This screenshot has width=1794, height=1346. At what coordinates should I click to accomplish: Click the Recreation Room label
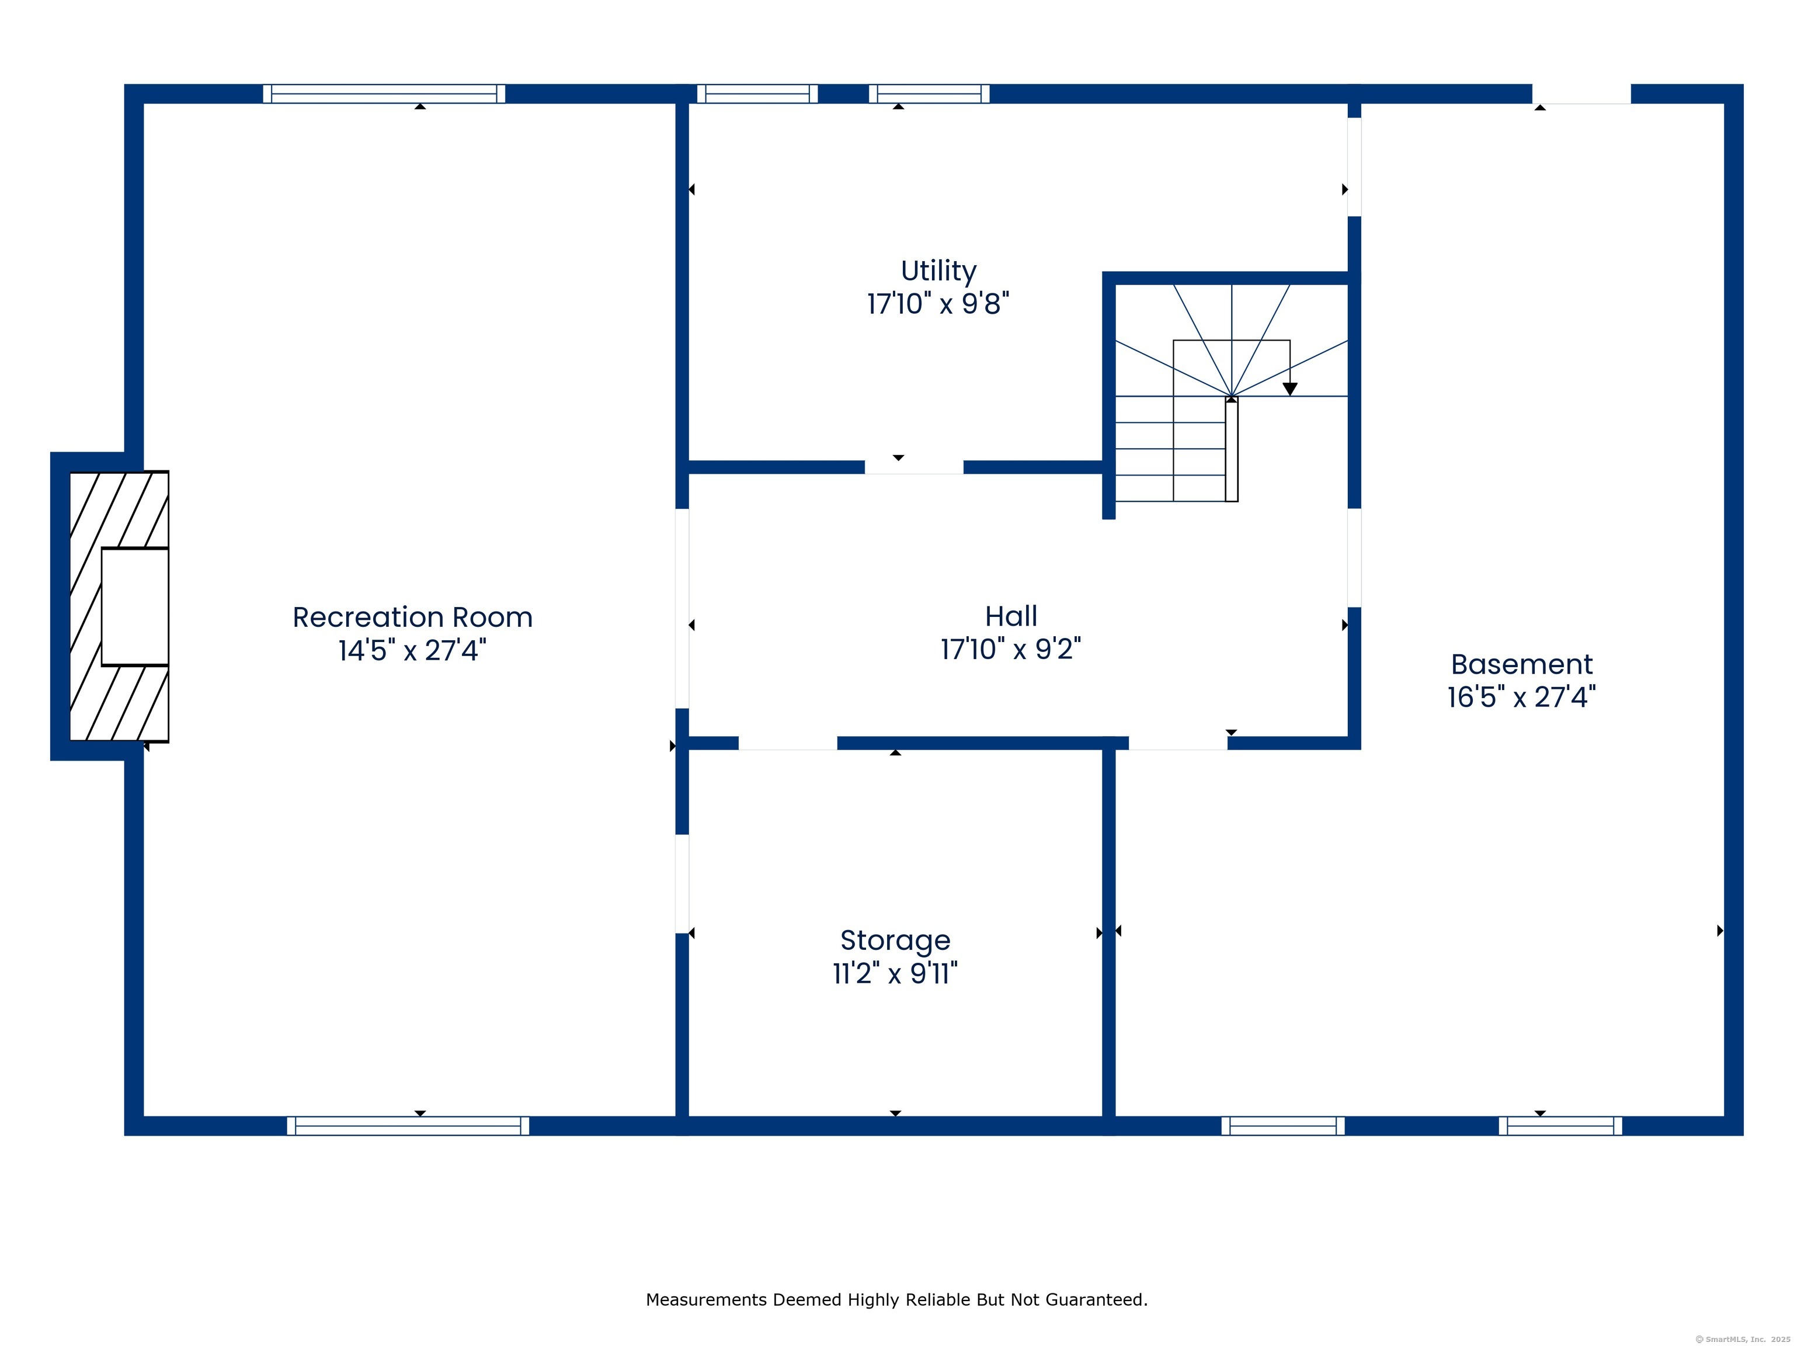click(412, 618)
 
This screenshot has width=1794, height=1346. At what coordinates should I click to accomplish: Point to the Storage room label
click(895, 941)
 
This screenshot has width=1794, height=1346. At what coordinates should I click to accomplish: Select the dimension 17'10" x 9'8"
click(938, 303)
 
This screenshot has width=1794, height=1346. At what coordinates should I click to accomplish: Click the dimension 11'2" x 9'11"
click(895, 973)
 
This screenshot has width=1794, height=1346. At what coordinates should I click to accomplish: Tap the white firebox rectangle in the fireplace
click(135, 607)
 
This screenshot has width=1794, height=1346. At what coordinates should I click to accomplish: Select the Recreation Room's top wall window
click(384, 94)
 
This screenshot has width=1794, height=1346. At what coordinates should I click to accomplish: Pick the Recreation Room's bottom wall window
click(408, 1126)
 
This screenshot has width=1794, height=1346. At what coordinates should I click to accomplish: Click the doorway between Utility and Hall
click(914, 467)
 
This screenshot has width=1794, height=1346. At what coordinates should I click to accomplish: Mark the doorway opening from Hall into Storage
click(788, 743)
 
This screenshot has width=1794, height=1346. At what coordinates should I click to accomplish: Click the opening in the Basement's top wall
click(1581, 94)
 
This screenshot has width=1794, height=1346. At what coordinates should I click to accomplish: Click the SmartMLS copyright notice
click(1742, 1340)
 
